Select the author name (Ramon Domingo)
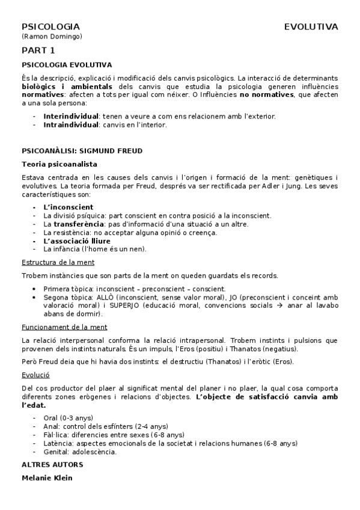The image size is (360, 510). (52, 37)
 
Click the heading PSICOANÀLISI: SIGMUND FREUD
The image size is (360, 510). (82, 150)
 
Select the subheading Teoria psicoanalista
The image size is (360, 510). (59, 164)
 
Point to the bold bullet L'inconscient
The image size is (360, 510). (68, 207)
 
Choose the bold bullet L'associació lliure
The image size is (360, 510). (76, 241)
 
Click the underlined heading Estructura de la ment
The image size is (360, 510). (58, 262)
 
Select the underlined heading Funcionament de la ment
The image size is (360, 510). (64, 327)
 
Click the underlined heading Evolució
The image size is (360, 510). (35, 374)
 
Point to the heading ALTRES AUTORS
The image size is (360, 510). (52, 464)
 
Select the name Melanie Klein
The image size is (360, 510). (47, 478)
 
